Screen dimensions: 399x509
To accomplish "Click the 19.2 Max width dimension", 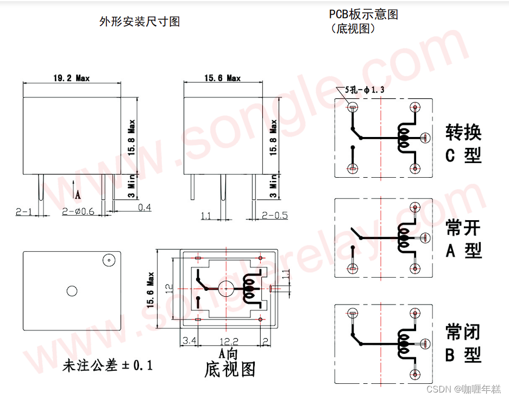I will [71, 78].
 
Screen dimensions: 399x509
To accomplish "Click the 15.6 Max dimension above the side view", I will [222, 78].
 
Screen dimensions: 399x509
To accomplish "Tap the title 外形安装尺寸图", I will [140, 22].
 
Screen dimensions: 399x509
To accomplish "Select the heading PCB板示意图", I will [363, 15].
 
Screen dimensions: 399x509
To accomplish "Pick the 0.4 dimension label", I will [144, 207].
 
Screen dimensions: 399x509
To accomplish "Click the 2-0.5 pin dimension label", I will [275, 215].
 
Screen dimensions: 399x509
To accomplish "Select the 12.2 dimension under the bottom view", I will [228, 341].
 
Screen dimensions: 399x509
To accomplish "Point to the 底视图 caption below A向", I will [230, 370].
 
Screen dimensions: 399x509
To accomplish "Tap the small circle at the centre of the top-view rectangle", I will [72, 291].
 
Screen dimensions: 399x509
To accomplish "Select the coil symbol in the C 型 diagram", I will [404, 139].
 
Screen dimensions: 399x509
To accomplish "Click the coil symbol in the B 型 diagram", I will [404, 342].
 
